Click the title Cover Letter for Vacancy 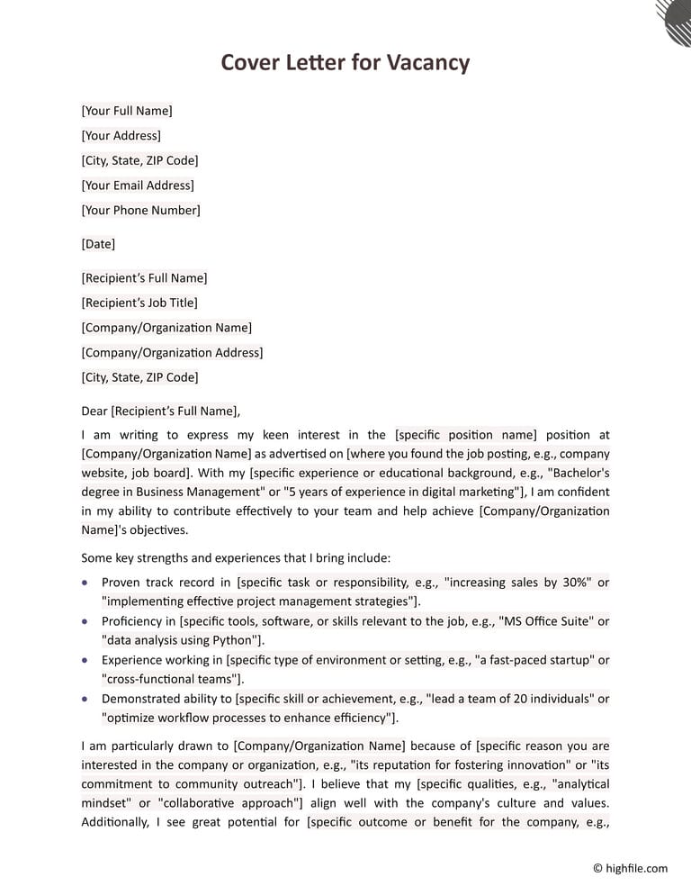coord(345,62)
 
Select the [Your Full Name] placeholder coord(127,111)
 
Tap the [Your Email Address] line coord(138,185)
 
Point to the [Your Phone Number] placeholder coord(140,211)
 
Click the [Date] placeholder coord(98,244)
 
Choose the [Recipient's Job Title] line coord(139,303)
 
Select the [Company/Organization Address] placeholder coord(172,353)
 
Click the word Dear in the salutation coord(94,411)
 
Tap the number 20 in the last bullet coord(508,699)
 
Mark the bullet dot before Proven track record coord(85,583)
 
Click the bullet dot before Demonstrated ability coord(85,699)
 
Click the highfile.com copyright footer coord(630,869)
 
